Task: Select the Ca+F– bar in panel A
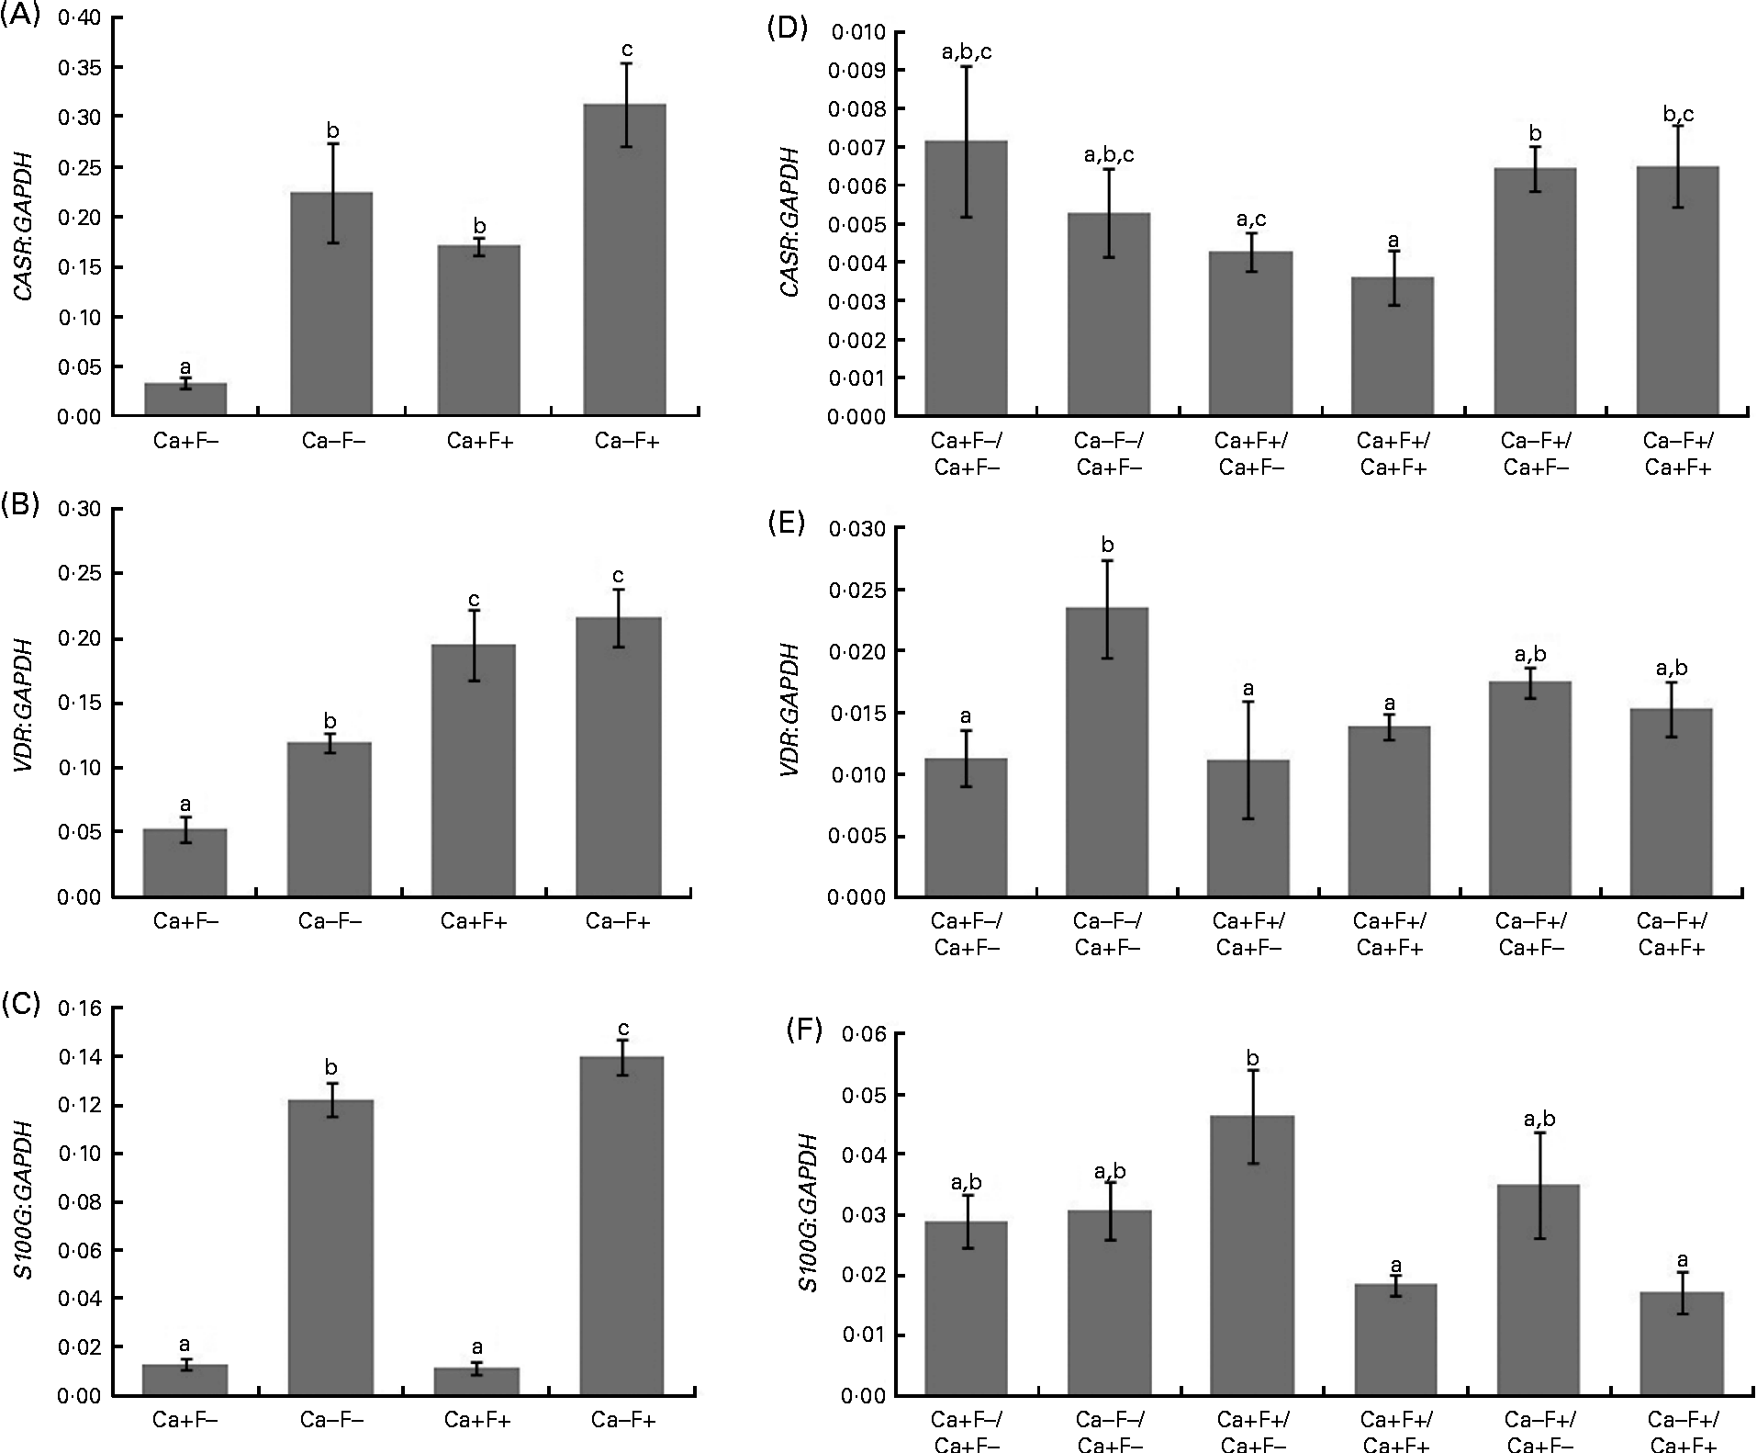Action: coord(185,400)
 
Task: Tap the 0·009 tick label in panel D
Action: coord(856,71)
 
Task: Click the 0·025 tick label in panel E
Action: coord(856,590)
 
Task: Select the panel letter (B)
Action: coord(20,507)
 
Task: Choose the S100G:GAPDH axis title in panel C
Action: coord(25,1202)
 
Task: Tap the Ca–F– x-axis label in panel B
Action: coord(330,920)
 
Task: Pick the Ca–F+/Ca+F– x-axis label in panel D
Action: coord(1533,454)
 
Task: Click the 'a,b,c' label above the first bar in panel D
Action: coord(967,52)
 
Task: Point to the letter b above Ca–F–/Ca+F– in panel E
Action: coord(1108,546)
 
